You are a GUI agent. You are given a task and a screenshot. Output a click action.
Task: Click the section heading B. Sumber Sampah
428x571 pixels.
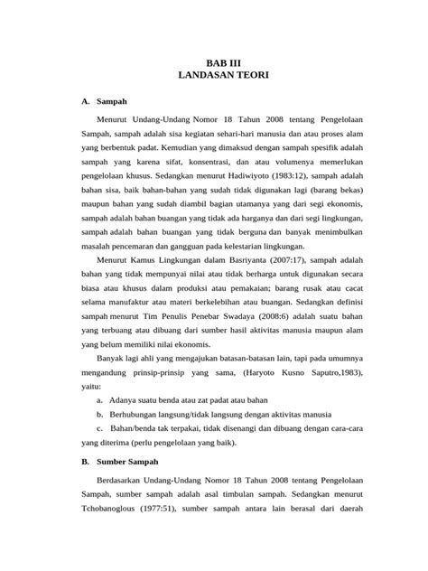click(x=116, y=460)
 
